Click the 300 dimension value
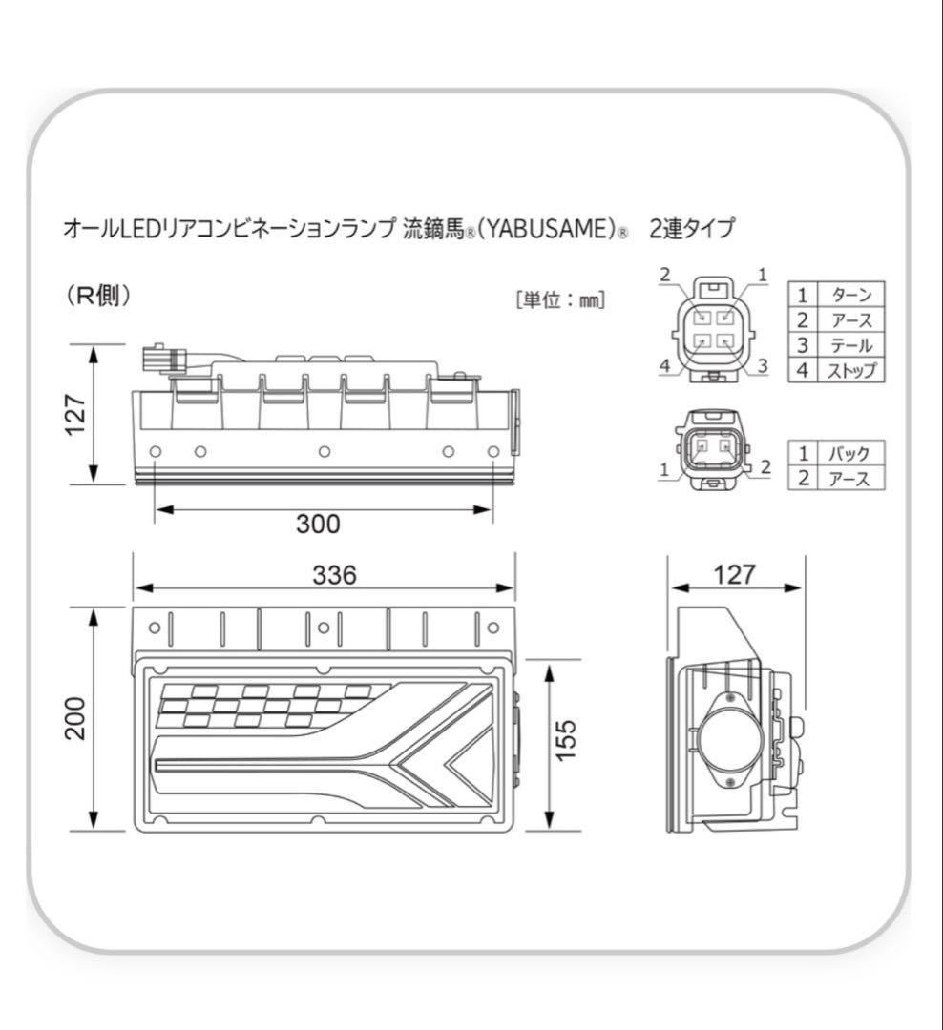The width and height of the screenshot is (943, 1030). coord(319,524)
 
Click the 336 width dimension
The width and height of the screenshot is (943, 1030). coord(334,574)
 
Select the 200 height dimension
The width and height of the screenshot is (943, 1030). coord(77,720)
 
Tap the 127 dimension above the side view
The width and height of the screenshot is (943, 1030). coord(734,574)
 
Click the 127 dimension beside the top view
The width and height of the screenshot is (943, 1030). coord(77,413)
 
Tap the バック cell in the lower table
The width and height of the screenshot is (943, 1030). coord(849,453)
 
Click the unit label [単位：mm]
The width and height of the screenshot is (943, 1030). coord(560,299)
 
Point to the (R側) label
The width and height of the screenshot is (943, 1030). coord(98,297)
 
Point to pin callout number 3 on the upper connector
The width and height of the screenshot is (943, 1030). coord(762,365)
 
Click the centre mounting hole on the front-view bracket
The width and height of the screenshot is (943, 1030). coord(324,628)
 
